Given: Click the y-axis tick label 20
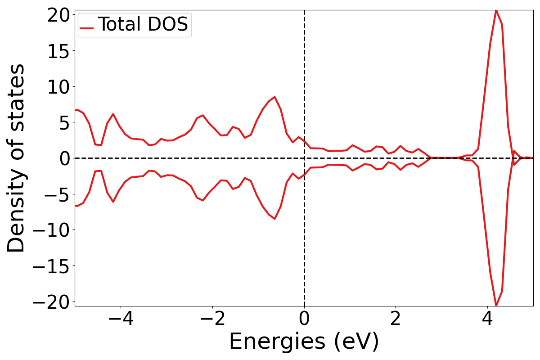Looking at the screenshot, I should pos(57,15).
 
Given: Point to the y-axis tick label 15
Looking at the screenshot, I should pos(57,51).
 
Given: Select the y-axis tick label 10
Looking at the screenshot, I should pos(57,86).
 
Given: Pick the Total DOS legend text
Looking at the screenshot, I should pos(143,24).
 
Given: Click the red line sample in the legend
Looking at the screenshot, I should pos(86,28).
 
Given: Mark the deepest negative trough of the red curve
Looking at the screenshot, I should pos(496,306).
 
